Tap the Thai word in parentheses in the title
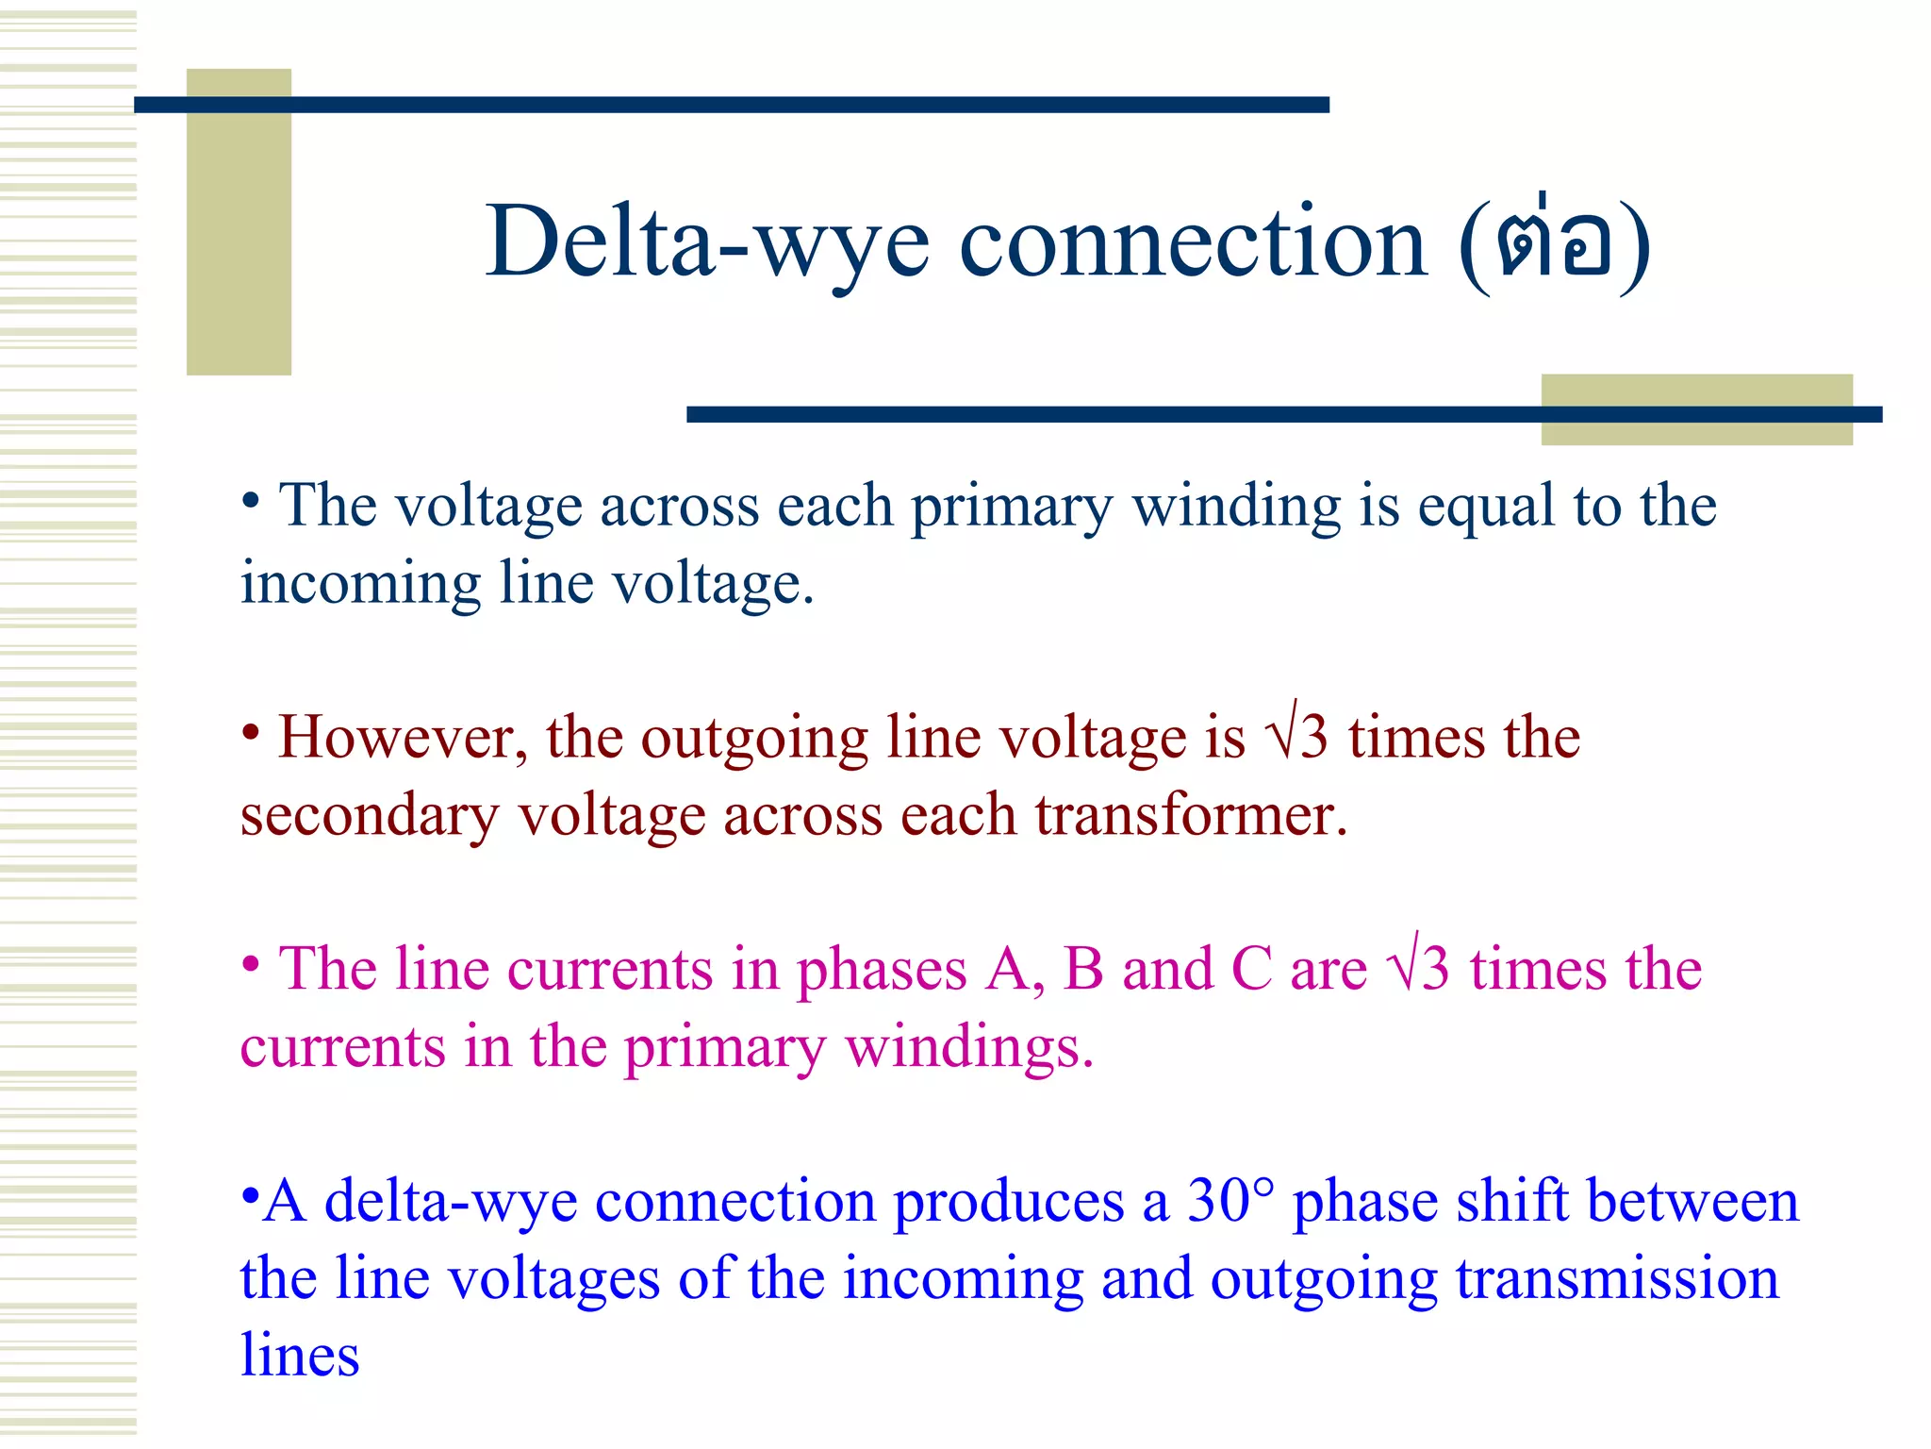pyautogui.click(x=1555, y=243)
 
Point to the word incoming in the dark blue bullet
pyautogui.click(x=360, y=583)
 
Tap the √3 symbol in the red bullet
pyautogui.click(x=1298, y=737)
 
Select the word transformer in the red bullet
pyautogui.click(x=1191, y=815)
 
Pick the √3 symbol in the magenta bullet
pyautogui.click(x=1418, y=969)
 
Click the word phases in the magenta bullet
pyautogui.click(x=882, y=971)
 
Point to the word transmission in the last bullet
pyautogui.click(x=1617, y=1279)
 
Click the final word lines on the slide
pyautogui.click(x=300, y=1357)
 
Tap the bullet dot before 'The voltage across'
pyautogui.click(x=250, y=500)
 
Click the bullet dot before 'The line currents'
pyautogui.click(x=250, y=964)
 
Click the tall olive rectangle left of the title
pyautogui.click(x=239, y=223)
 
